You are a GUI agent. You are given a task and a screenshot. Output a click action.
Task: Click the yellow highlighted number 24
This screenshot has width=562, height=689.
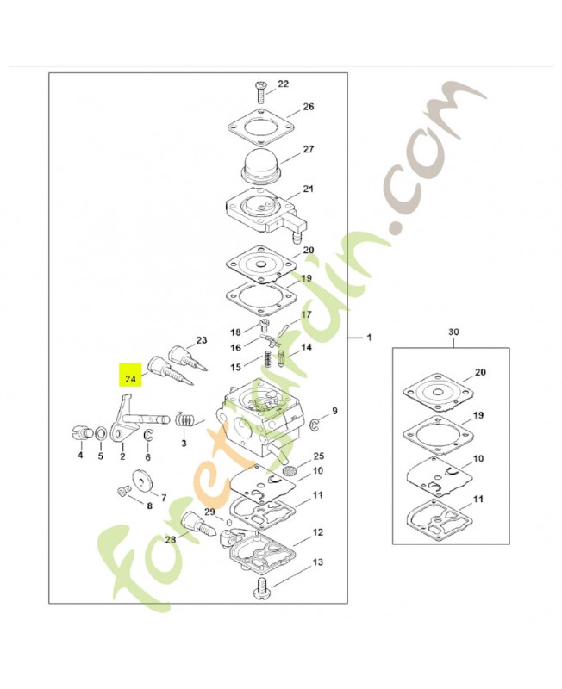130,378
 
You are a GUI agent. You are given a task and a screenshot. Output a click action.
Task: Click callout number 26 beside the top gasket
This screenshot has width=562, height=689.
309,107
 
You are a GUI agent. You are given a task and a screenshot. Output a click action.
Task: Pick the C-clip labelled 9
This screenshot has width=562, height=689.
314,425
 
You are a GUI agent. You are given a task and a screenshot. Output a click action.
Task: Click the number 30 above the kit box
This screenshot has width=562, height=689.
453,332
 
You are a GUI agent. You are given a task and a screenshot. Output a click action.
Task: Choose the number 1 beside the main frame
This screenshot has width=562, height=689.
369,338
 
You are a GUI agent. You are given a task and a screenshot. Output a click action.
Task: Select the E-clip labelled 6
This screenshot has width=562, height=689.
148,436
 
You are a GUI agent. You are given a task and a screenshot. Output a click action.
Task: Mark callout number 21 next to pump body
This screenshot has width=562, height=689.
309,189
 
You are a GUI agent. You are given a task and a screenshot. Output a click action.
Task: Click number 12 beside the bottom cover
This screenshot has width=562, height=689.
317,532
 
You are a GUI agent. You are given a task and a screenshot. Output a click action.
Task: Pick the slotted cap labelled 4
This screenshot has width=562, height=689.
80,432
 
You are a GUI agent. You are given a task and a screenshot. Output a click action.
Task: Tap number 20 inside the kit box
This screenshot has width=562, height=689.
480,372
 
